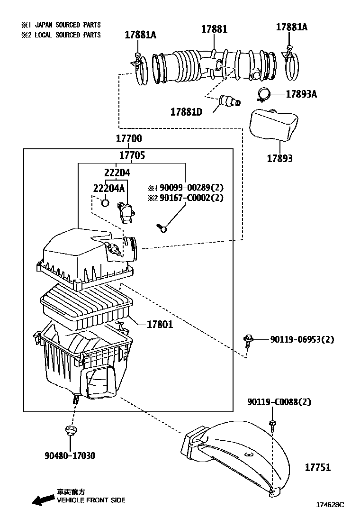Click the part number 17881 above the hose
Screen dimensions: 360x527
tap(214, 29)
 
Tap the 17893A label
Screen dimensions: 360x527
tap(301, 94)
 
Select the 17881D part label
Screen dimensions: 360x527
tap(186, 112)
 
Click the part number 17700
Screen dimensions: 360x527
tap(129, 138)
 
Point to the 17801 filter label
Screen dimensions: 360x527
tap(160, 324)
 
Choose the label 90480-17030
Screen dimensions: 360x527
tap(70, 456)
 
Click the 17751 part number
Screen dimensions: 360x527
tap(318, 467)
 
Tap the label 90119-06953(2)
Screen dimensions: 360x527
tap(302, 339)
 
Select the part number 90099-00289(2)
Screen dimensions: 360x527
tap(191, 187)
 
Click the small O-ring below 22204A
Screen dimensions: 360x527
tap(105, 203)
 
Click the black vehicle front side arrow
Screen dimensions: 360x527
tap(43, 500)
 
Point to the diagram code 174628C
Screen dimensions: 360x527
tap(330, 504)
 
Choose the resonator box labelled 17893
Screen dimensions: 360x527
tap(274, 124)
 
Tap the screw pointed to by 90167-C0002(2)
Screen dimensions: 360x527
tap(162, 228)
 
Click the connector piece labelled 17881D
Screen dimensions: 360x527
tap(229, 101)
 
